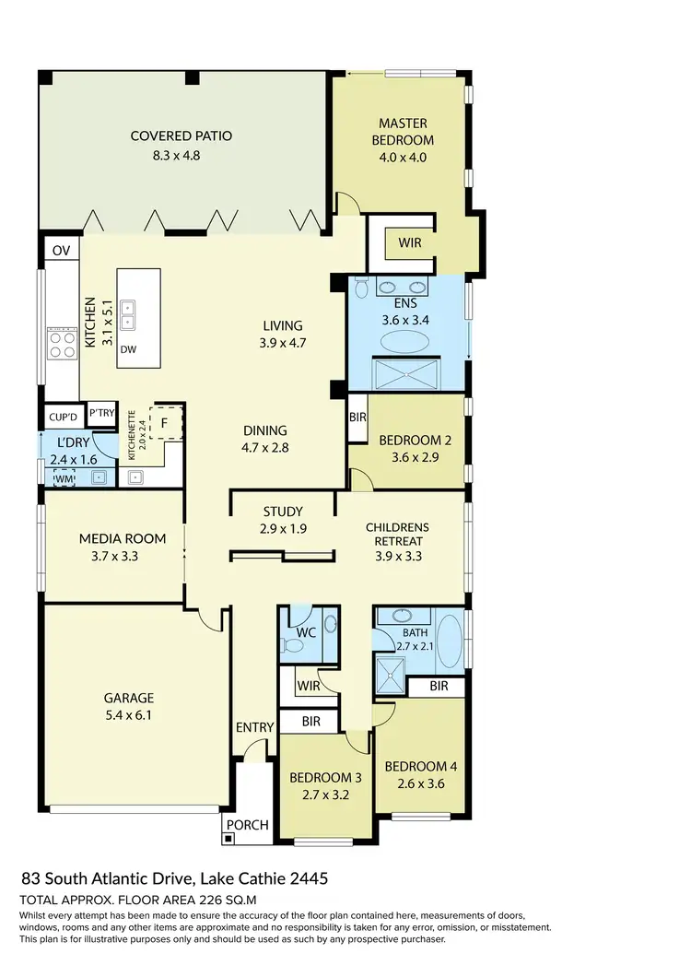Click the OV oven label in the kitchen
[62, 251]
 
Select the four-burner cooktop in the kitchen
[62, 344]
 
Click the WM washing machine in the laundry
[63, 478]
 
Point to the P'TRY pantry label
[102, 414]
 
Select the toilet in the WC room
[293, 646]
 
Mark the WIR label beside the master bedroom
[410, 243]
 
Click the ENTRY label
[254, 727]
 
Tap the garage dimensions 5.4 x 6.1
[128, 714]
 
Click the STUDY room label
[283, 512]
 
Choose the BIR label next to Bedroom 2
[357, 418]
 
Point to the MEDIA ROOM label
[123, 538]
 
